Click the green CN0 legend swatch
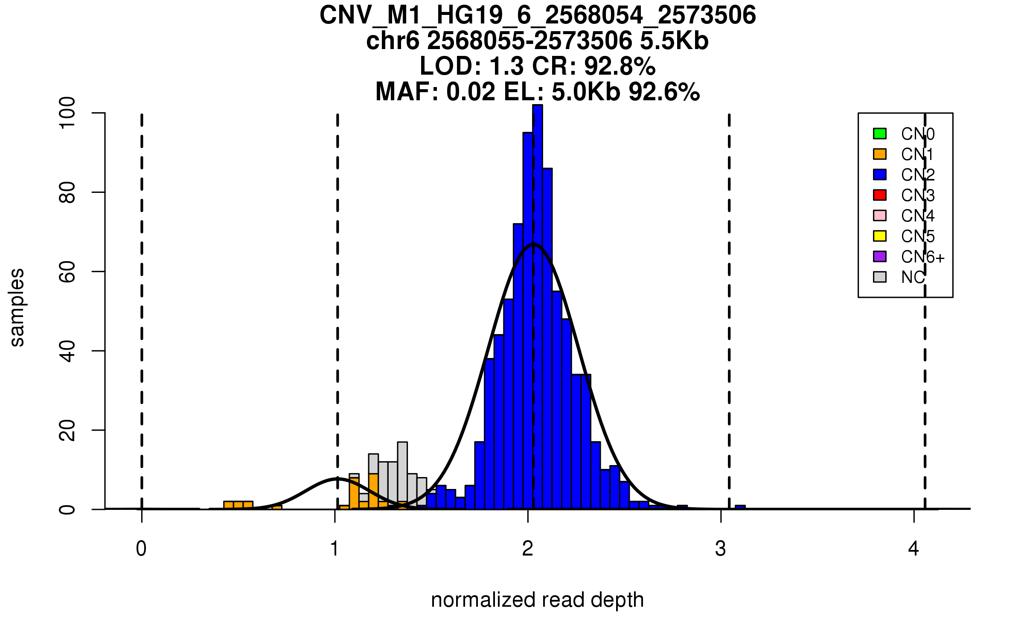click(x=879, y=134)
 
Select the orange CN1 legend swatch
click(x=879, y=154)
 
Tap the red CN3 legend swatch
click(x=879, y=195)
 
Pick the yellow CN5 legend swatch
click(x=879, y=236)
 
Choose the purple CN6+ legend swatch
click(x=879, y=256)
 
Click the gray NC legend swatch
click(x=879, y=277)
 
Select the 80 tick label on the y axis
click(x=67, y=192)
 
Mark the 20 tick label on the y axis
click(x=67, y=430)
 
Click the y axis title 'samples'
click(x=17, y=308)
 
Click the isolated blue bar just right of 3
click(x=740, y=507)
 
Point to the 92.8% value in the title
click(x=620, y=66)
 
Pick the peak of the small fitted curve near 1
click(x=337, y=479)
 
